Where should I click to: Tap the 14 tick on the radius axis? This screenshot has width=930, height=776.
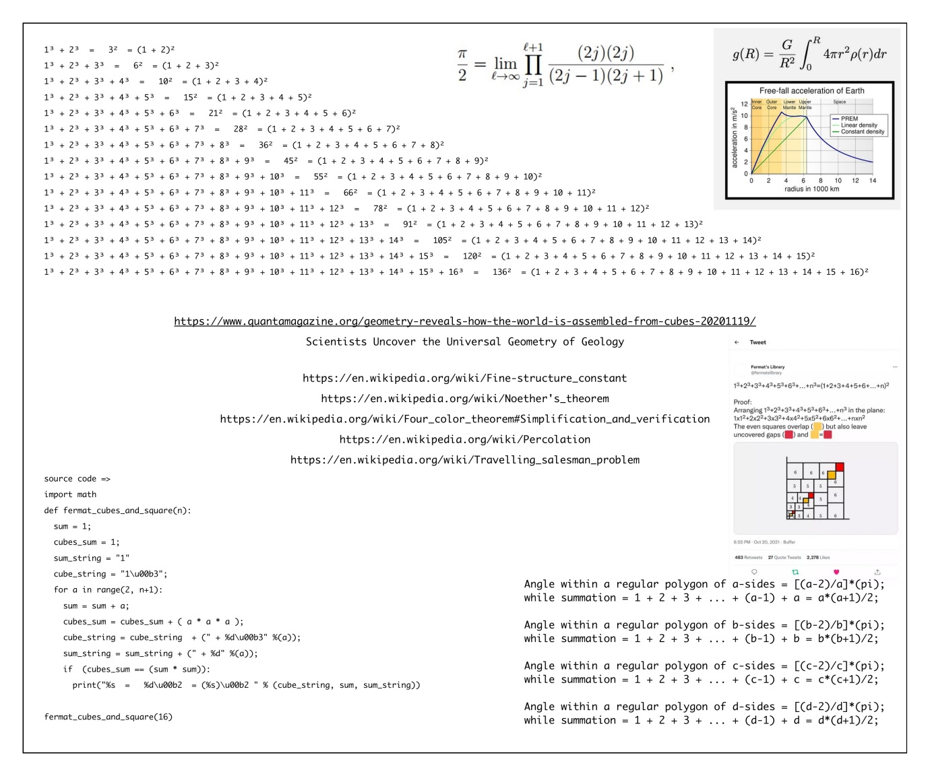point(872,181)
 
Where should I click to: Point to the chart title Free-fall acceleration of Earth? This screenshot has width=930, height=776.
point(811,91)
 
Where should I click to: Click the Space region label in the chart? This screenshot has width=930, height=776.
point(839,102)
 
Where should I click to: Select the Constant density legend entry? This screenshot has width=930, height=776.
point(862,132)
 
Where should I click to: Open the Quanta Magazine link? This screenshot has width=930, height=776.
point(464,321)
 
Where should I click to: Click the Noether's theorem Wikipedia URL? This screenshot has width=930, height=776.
point(464,399)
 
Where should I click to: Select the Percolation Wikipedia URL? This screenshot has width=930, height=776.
point(464,439)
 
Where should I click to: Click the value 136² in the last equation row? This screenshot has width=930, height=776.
point(501,272)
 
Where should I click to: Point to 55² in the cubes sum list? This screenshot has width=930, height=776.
point(321,176)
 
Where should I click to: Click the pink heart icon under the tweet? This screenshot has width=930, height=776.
point(836,572)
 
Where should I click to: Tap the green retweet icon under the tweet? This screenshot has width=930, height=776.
point(795,572)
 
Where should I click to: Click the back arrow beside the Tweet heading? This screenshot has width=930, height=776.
point(737,342)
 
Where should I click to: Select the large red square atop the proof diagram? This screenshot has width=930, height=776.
point(840,467)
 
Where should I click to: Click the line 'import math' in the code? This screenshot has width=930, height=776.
point(70,494)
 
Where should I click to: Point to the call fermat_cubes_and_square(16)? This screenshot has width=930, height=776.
point(108,717)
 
